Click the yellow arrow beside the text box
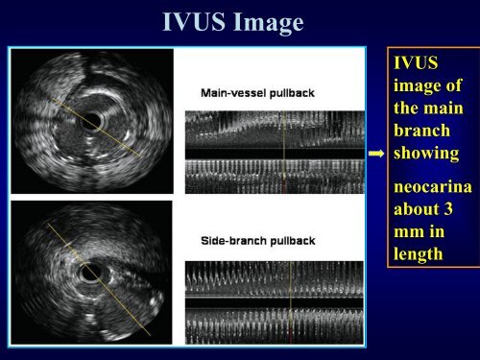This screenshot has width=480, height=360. (377, 153)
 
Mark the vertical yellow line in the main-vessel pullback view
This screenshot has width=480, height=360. (285, 154)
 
